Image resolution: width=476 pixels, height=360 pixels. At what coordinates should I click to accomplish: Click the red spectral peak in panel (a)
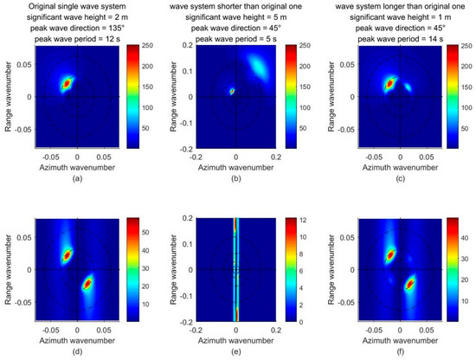pos(67,84)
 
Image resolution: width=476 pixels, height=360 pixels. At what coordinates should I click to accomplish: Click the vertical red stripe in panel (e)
pos(235,268)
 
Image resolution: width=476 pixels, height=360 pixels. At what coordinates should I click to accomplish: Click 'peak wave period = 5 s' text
pos(235,43)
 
